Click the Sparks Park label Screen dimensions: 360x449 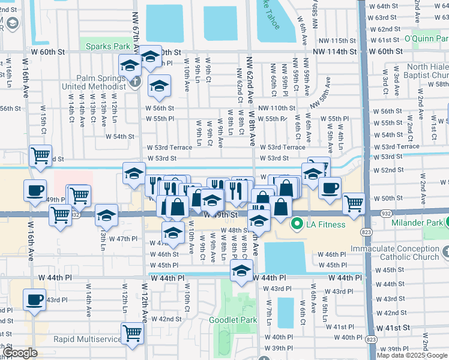[x=107, y=46]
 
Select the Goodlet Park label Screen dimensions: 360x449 [x=232, y=320]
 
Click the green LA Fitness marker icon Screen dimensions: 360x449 [x=296, y=225]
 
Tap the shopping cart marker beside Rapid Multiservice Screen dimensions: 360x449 [x=132, y=333]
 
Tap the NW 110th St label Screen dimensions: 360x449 [x=277, y=108]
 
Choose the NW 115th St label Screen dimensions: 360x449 [x=339, y=40]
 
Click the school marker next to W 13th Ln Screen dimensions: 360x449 [x=106, y=214]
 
